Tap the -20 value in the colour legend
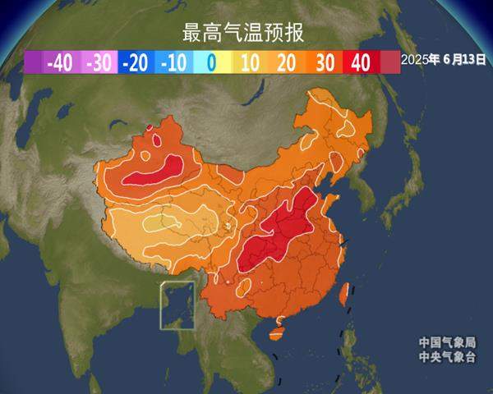[136, 62]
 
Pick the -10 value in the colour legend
[174, 62]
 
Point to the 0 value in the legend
[211, 62]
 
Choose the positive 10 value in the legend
[250, 62]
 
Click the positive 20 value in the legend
[288, 62]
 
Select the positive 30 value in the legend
[325, 62]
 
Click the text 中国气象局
[448, 342]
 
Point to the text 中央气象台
[448, 357]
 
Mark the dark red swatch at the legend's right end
[390, 62]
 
